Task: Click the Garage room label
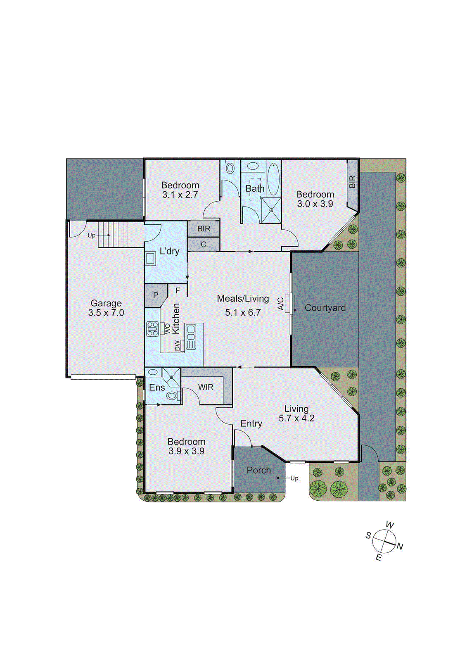pyautogui.click(x=106, y=303)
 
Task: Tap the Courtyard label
pyautogui.click(x=325, y=308)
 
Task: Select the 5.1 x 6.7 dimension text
pyautogui.click(x=243, y=313)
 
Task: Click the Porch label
pyautogui.click(x=258, y=470)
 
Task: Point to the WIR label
pyautogui.click(x=206, y=387)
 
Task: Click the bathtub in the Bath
pyautogui.click(x=273, y=179)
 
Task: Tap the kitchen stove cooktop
pyautogui.click(x=152, y=329)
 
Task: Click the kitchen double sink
pyautogui.click(x=191, y=336)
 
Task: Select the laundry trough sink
pyautogui.click(x=150, y=258)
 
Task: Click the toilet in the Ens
pyautogui.click(x=172, y=396)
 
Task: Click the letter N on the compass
pyautogui.click(x=400, y=547)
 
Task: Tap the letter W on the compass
pyautogui.click(x=390, y=525)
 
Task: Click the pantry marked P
pyautogui.click(x=156, y=295)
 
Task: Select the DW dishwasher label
pyautogui.click(x=178, y=346)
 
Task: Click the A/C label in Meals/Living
pyautogui.click(x=281, y=304)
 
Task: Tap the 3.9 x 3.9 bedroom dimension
pyautogui.click(x=186, y=451)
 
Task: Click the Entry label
pyautogui.click(x=251, y=423)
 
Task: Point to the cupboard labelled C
pyautogui.click(x=203, y=245)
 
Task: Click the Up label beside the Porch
pyautogui.click(x=294, y=478)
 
